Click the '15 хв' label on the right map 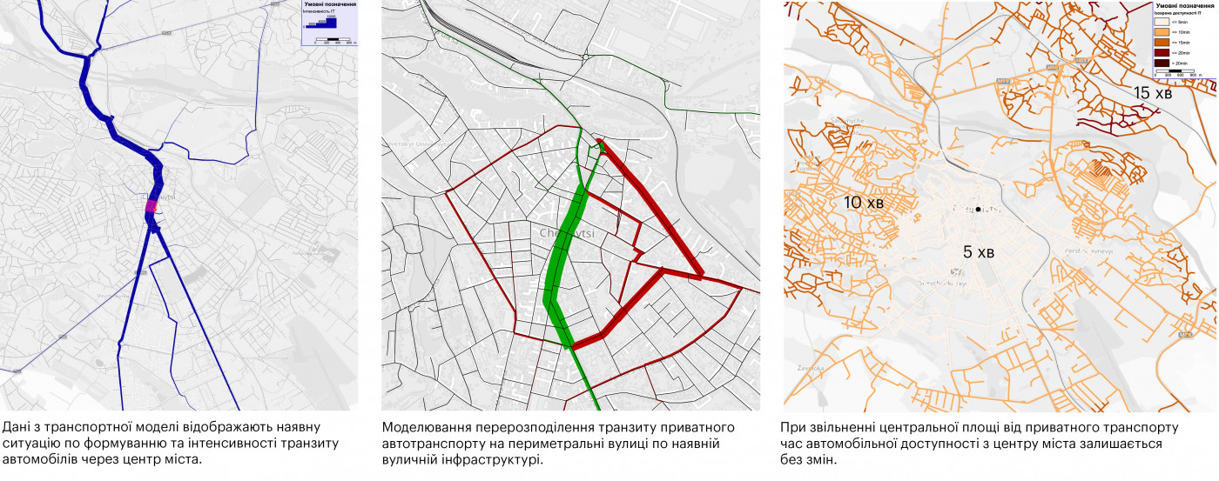(x=1153, y=93)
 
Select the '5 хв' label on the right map (x=978, y=252)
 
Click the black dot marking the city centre (x=979, y=210)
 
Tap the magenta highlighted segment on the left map (x=151, y=206)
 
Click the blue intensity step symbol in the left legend (x=325, y=23)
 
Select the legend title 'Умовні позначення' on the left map (x=329, y=5)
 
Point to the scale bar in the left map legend (x=328, y=40)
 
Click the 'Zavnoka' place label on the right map (x=809, y=368)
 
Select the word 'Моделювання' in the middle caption (x=425, y=428)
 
